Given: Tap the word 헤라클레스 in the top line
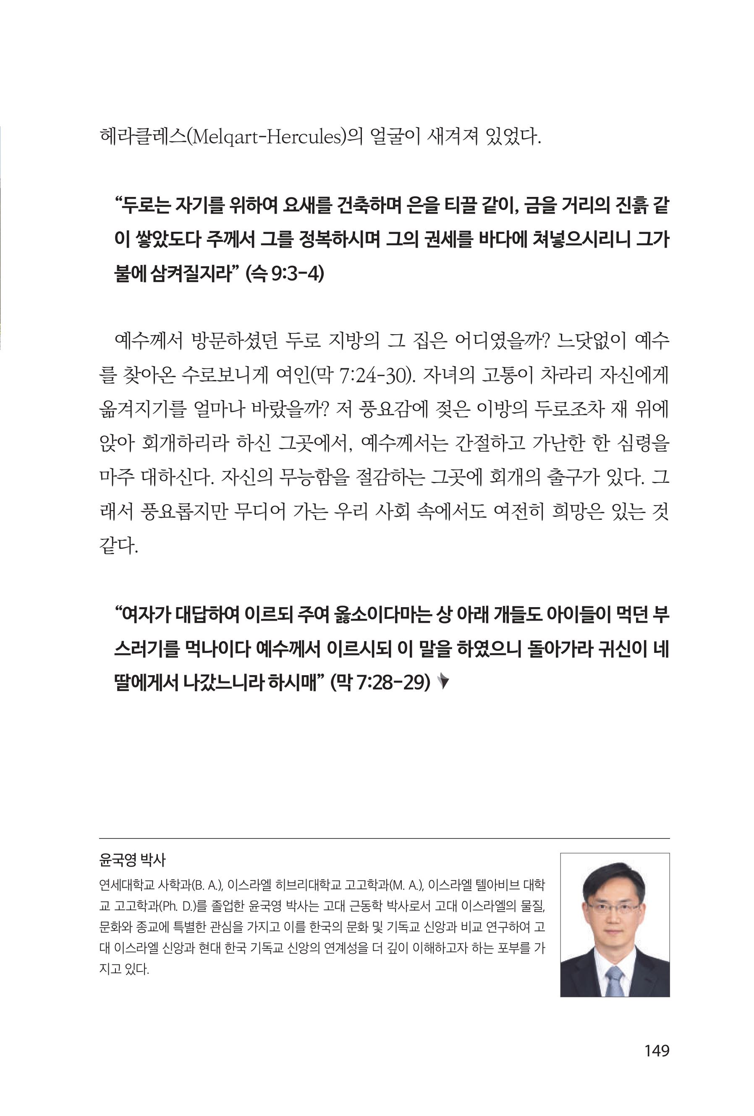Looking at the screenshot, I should point(141,137).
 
